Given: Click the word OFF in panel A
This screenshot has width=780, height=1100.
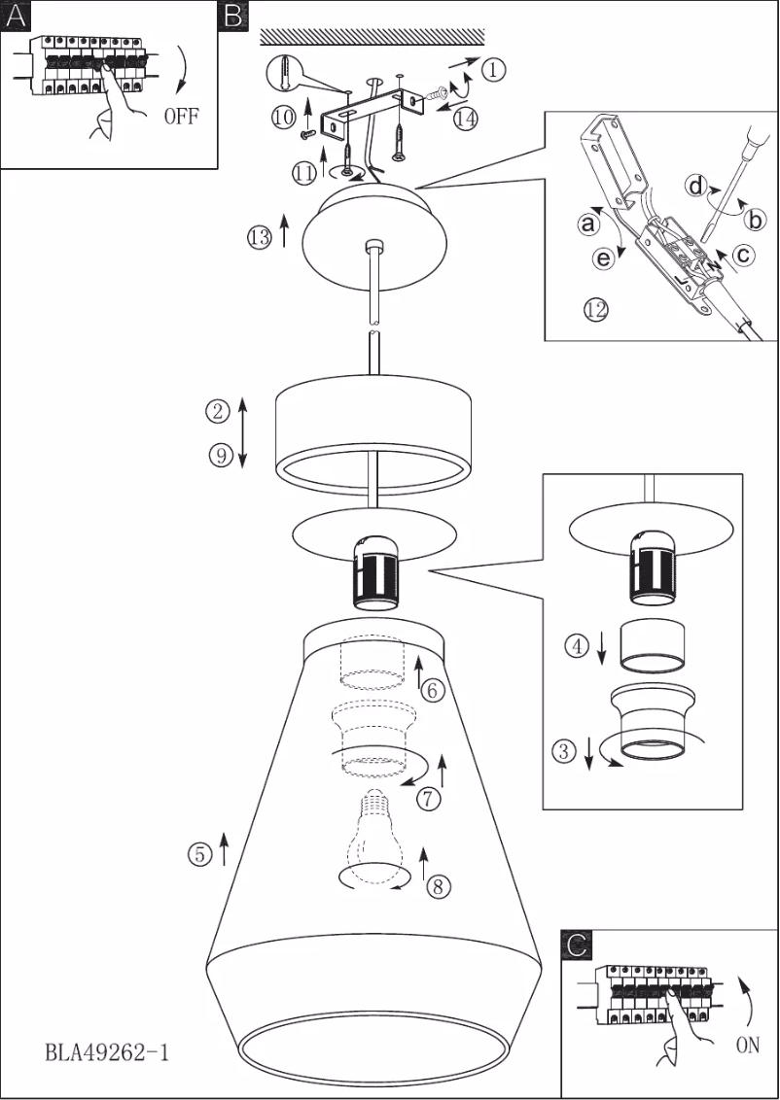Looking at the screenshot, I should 181,117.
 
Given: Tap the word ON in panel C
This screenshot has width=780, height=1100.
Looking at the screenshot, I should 747,1047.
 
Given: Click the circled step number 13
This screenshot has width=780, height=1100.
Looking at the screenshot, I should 259,237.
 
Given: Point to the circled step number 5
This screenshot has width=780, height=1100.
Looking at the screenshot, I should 198,854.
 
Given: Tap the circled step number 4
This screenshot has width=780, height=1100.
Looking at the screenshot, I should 578,645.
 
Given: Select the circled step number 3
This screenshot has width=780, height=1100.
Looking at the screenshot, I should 564,750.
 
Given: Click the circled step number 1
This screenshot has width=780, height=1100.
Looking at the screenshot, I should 494,69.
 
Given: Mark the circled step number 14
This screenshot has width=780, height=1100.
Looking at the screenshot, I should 466,119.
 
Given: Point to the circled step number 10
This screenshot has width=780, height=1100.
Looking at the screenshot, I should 283,117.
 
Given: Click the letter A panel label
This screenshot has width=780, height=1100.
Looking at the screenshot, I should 17,17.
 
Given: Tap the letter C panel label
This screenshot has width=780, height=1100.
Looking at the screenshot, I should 577,944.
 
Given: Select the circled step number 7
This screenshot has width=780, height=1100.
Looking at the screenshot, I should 428,799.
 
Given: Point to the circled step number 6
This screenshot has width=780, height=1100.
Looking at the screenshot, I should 433,691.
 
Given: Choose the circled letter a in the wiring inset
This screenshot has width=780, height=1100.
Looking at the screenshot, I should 587,224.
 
